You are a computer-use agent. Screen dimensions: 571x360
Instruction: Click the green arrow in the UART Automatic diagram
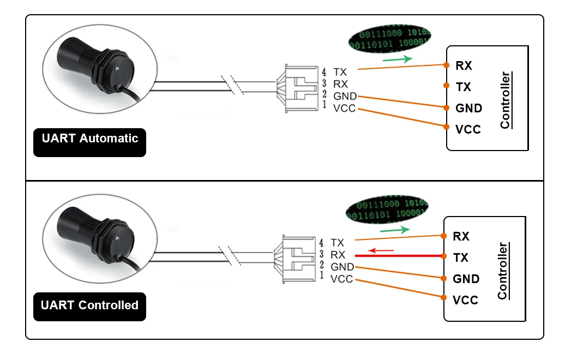pyautogui.click(x=398, y=59)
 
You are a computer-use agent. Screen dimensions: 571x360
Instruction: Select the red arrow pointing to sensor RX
pyautogui.click(x=381, y=250)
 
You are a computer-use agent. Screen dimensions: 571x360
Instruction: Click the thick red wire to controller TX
pyautogui.click(x=399, y=256)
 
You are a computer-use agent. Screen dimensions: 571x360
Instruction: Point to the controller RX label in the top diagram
pyautogui.click(x=464, y=65)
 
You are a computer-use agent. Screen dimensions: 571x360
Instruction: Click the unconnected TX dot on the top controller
pyautogui.click(x=446, y=85)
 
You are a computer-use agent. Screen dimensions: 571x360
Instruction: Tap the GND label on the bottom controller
pyautogui.click(x=466, y=279)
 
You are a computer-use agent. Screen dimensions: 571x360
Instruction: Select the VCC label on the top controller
pyautogui.click(x=468, y=129)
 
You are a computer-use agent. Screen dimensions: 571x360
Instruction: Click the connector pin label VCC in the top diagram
pyautogui.click(x=344, y=109)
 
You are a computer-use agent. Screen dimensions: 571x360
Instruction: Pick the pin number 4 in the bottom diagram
pyautogui.click(x=321, y=243)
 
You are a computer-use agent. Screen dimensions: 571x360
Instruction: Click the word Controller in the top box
pyautogui.click(x=505, y=100)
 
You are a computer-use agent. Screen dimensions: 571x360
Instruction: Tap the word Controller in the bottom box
pyautogui.click(x=502, y=271)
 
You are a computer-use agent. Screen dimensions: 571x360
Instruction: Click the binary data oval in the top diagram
pyautogui.click(x=389, y=39)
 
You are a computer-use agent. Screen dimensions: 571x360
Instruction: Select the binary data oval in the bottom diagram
pyautogui.click(x=387, y=209)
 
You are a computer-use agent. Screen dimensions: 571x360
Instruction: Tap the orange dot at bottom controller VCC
pyautogui.click(x=443, y=297)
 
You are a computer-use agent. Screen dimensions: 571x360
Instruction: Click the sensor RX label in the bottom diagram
pyautogui.click(x=338, y=255)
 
